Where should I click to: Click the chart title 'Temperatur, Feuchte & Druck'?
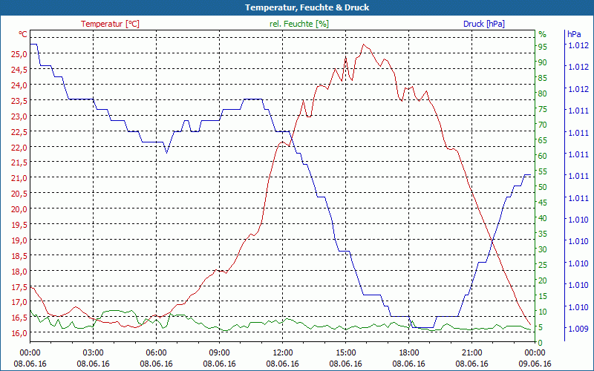(297, 7)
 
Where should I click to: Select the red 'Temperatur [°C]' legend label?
(110, 24)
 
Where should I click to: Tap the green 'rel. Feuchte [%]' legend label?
(299, 24)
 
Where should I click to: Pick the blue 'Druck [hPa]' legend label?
(484, 24)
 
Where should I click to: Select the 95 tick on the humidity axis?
(543, 47)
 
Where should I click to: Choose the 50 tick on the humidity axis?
(543, 187)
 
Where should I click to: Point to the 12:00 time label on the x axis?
(283, 352)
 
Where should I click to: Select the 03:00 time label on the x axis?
(93, 352)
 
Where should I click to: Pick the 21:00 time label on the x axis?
(472, 352)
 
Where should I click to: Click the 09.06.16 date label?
(535, 364)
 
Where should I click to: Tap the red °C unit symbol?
(23, 34)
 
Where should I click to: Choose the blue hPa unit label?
(574, 34)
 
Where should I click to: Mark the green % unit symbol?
(542, 34)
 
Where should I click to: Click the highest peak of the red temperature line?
(363, 44)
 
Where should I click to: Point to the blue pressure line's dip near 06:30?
(166, 153)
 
